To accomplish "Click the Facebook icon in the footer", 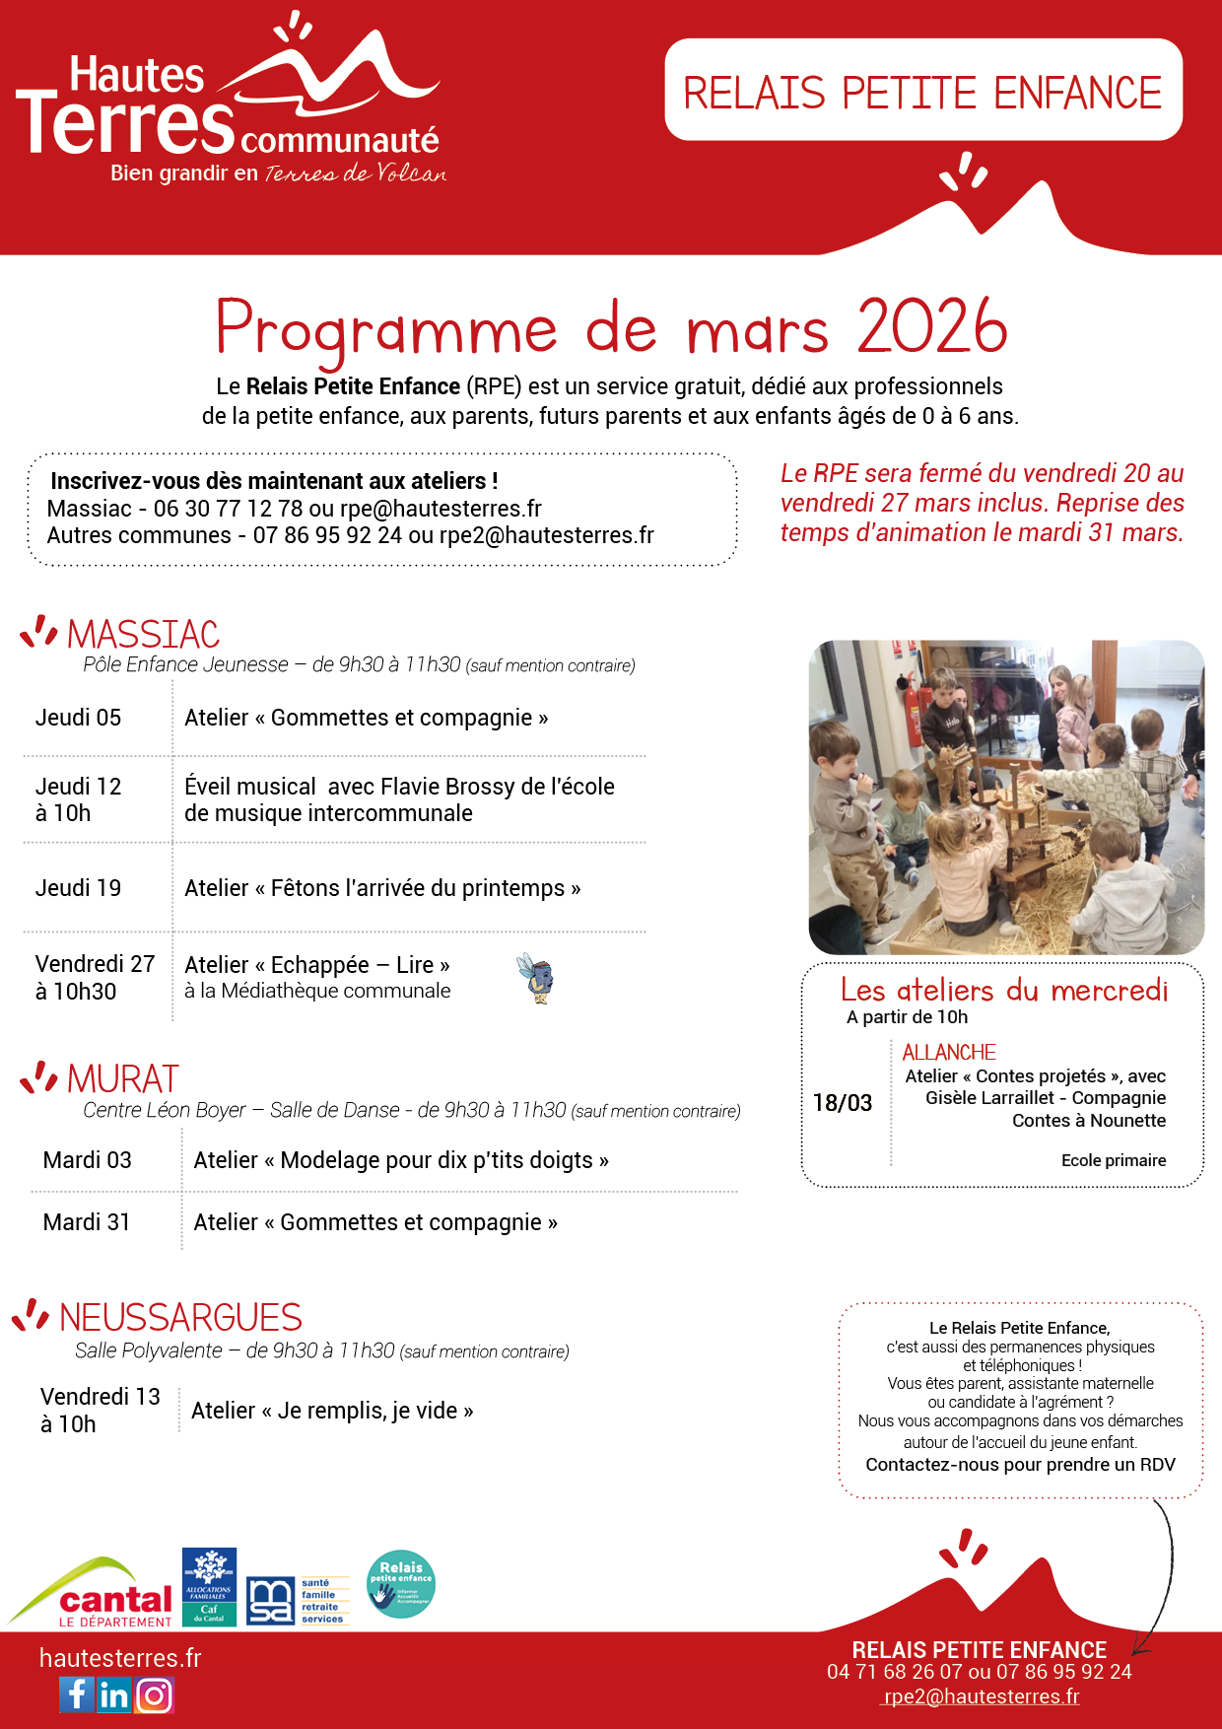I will (77, 1694).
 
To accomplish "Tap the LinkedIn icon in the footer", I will (114, 1694).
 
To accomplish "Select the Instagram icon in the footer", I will (154, 1694).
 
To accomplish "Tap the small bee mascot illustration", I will (537, 978).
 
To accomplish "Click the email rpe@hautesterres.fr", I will (441, 509).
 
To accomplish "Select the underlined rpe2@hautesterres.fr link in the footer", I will (982, 1696).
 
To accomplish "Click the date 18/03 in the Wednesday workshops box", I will (843, 1103).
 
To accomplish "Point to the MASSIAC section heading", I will (143, 634).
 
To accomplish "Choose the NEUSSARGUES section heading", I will (180, 1317).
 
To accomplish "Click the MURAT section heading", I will (123, 1079).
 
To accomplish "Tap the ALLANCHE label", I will (949, 1052).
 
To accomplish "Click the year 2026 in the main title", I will (932, 327).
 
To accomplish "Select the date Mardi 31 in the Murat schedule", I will (87, 1222).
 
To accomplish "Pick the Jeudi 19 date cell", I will (79, 888).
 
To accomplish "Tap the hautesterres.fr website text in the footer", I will (120, 1658).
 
